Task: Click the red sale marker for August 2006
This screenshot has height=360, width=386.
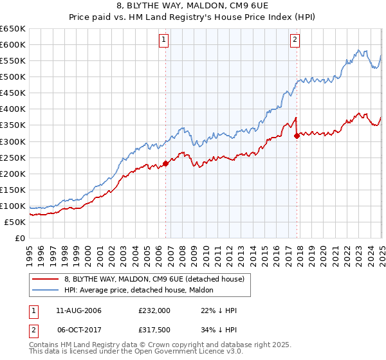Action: pos(165,163)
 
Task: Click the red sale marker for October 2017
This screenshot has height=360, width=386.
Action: pos(297,136)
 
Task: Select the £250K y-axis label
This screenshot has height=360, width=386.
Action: pos(13,157)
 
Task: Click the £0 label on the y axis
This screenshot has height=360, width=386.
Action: pos(20,238)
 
